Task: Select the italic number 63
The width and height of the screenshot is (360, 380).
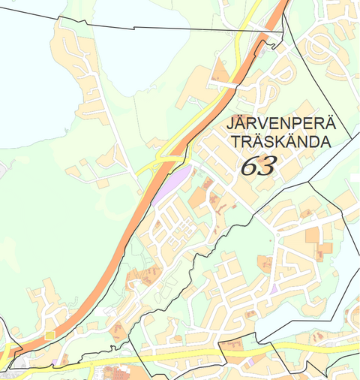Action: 258,165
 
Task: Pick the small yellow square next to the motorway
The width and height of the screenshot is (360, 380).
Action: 50,335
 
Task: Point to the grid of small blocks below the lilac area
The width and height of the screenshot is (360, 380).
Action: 172,225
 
